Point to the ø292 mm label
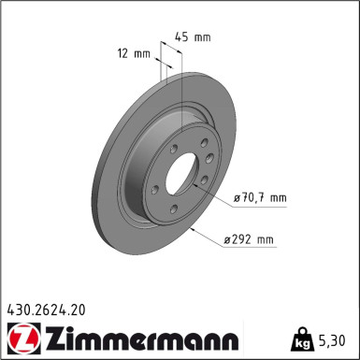(250, 240)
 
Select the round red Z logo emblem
(22, 336)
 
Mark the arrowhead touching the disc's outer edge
(190, 227)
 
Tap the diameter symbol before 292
(228, 240)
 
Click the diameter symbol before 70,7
(236, 197)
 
